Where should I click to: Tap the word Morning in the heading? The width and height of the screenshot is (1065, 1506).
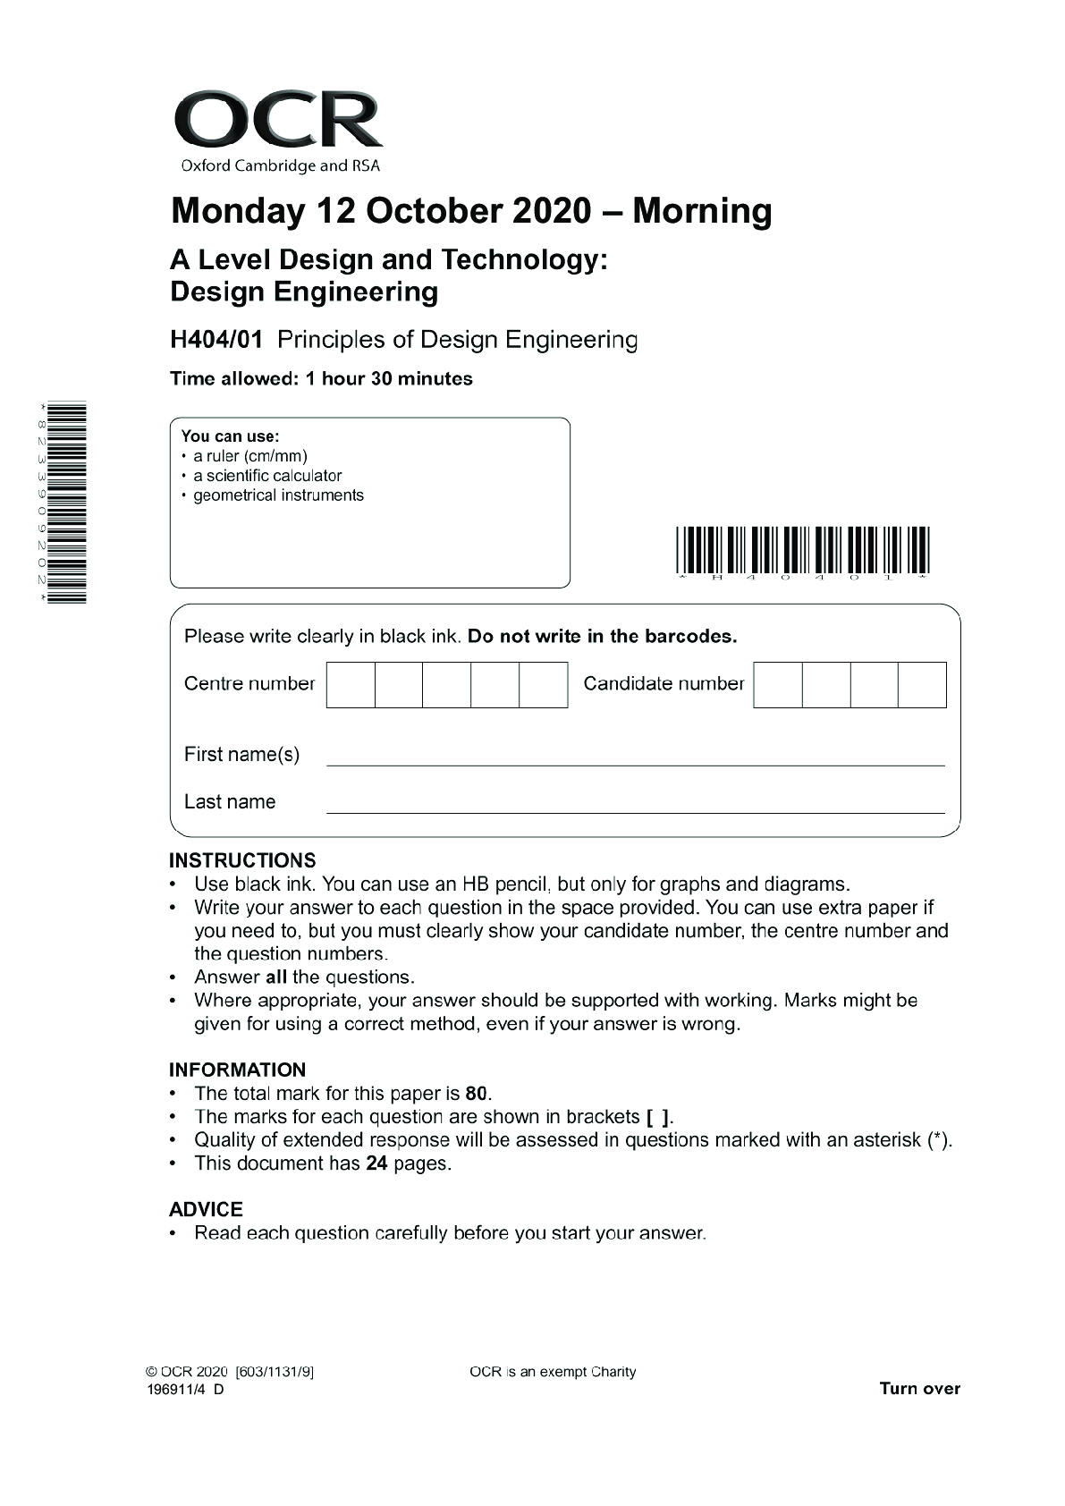click(x=702, y=211)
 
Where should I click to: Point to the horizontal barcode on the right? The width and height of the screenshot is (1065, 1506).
click(x=802, y=551)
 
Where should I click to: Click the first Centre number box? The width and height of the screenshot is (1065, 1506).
click(x=351, y=685)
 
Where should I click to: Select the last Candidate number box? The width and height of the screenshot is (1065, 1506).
click(x=922, y=685)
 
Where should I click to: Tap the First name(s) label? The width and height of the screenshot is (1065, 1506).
click(x=241, y=755)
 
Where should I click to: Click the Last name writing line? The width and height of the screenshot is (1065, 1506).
click(x=635, y=811)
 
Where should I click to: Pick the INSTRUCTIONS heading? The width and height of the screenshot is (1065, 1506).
click(x=242, y=860)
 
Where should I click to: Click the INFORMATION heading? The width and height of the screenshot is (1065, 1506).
click(x=237, y=1070)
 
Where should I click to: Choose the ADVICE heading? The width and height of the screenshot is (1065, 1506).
click(x=206, y=1209)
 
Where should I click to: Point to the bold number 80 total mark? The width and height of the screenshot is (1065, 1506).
click(x=478, y=1094)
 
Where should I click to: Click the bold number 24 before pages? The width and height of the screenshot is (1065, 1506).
click(x=376, y=1163)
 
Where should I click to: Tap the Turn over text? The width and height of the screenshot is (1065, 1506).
click(x=919, y=1389)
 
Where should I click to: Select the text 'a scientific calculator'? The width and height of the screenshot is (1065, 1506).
click(x=267, y=476)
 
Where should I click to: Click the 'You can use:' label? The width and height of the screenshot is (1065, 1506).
click(x=230, y=436)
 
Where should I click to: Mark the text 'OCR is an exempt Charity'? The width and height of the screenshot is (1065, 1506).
click(x=553, y=1372)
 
